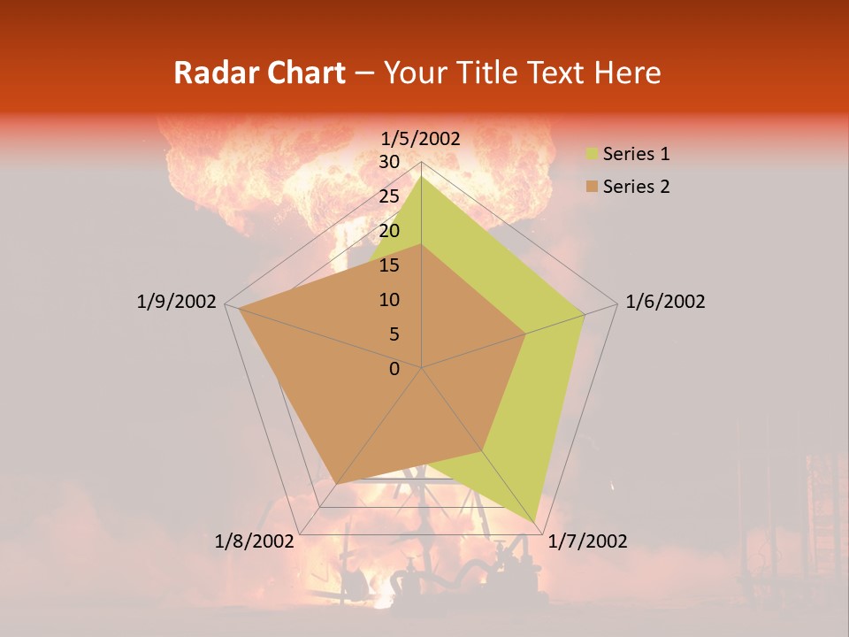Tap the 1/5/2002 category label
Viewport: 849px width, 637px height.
421,138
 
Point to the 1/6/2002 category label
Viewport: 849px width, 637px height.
665,302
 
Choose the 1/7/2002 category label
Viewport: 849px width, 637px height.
587,541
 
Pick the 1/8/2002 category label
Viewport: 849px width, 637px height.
255,541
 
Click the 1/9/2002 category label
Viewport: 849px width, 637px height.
176,302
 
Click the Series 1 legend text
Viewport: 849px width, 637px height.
636,154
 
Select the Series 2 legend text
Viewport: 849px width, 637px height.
636,187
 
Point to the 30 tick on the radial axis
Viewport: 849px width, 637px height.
389,162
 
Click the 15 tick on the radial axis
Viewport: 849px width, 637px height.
389,265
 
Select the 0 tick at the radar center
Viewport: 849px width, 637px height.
394,368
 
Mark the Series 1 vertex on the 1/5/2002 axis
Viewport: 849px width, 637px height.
421,177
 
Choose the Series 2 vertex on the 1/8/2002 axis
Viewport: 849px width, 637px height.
336,483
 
